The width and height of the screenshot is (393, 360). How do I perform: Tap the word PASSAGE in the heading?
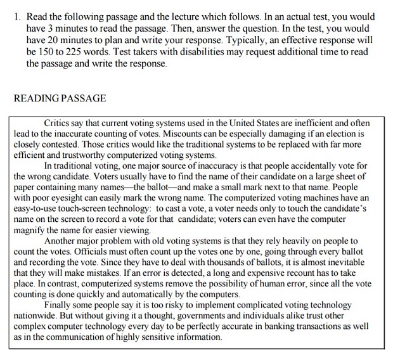point(84,99)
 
